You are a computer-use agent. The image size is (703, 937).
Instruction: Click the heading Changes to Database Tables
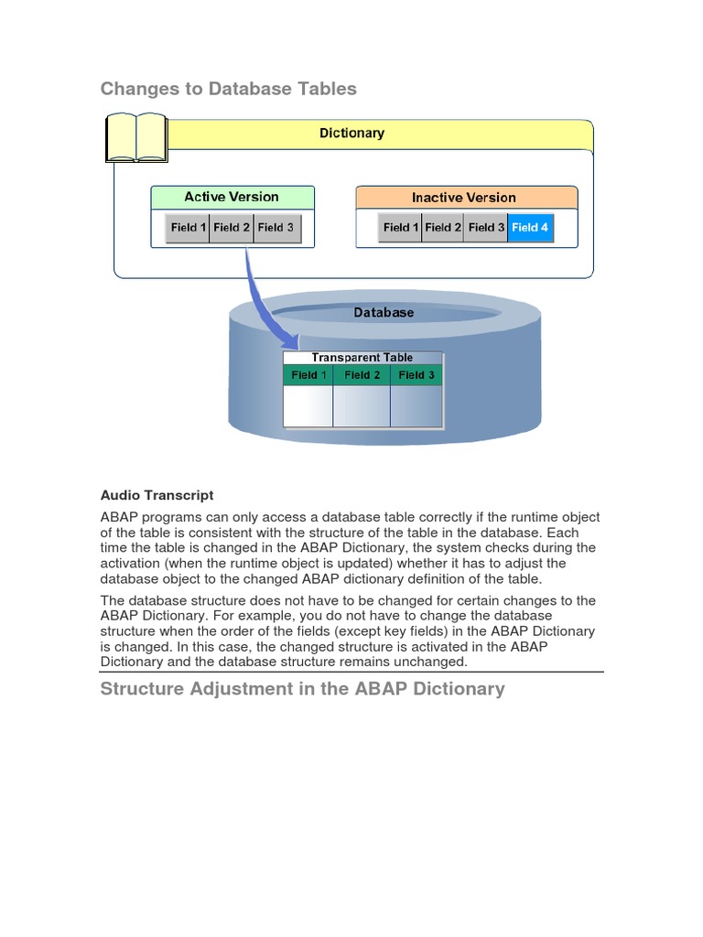pos(228,89)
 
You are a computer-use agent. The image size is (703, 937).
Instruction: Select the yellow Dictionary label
pos(351,134)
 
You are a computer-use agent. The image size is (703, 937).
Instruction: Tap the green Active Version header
pos(232,198)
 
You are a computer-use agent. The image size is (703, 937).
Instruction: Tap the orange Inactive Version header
pos(464,198)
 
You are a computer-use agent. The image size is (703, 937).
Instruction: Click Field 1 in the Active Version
pos(188,228)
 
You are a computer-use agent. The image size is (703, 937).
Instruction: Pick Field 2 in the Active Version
pos(232,228)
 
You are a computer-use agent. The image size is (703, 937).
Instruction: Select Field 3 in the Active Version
pos(276,228)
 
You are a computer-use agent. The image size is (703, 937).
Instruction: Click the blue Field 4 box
pos(530,228)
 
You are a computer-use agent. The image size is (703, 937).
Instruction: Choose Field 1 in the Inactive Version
pos(401,228)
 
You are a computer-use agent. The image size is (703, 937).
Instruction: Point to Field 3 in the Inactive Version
pos(486,228)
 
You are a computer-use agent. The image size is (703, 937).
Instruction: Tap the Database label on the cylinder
pos(384,313)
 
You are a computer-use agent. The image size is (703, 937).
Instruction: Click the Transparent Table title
pos(362,358)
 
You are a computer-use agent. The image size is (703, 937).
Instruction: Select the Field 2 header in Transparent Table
pos(362,375)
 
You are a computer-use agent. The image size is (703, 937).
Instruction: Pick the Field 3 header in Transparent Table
pos(416,375)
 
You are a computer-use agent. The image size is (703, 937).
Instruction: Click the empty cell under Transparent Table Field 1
pos(308,405)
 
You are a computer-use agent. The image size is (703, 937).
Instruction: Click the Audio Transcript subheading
pos(157,495)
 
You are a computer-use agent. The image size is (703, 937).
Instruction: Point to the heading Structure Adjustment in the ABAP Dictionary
pos(302,689)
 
